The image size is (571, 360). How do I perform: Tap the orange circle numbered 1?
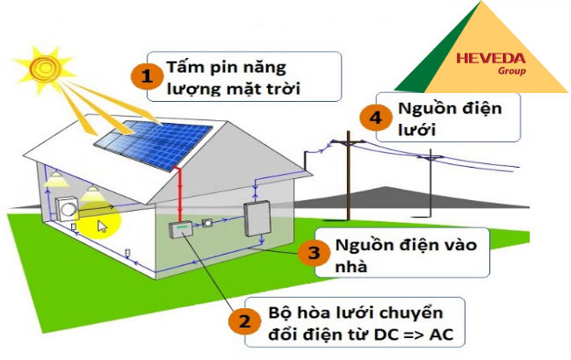click(147, 76)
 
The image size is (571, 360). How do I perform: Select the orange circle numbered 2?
click(243, 322)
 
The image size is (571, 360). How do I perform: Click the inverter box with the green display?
click(180, 231)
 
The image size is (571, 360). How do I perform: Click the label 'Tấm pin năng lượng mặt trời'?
click(237, 76)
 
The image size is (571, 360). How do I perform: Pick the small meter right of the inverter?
click(208, 223)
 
